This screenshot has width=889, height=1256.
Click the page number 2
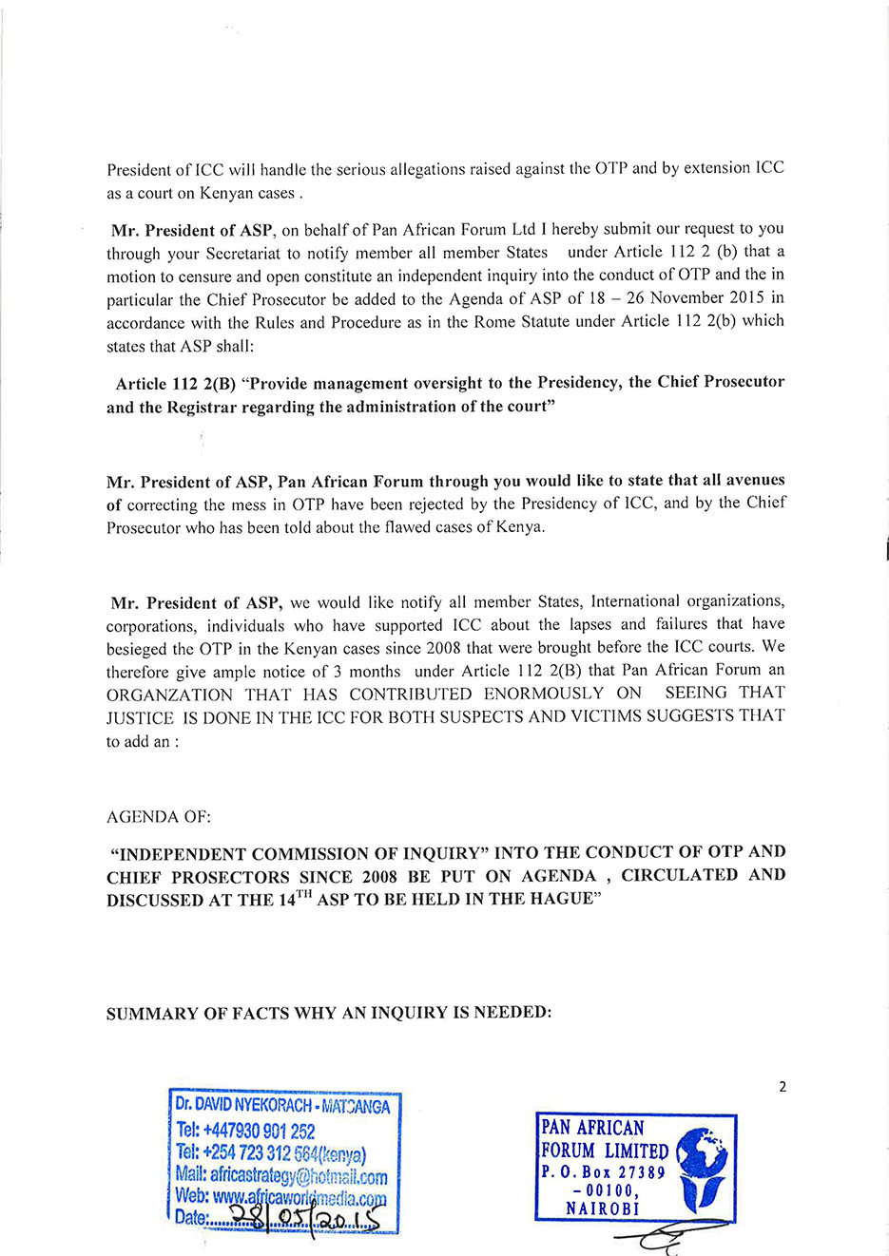coord(783,1087)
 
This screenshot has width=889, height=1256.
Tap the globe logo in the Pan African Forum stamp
coord(701,1170)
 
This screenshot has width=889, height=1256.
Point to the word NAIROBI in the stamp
coord(603,1208)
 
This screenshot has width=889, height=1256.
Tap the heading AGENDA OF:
coord(159,817)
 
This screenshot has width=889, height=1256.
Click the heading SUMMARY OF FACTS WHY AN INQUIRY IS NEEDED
coord(329,1013)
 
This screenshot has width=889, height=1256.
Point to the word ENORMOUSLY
coord(544,694)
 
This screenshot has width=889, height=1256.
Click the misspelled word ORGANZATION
coord(170,695)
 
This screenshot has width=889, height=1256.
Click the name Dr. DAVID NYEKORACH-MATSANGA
coord(282,1107)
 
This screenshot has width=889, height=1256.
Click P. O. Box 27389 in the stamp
coord(603,1172)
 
